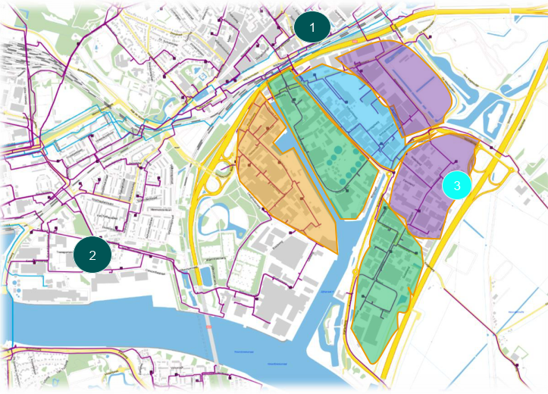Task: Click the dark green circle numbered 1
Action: click(x=312, y=27)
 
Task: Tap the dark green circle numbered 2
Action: click(x=93, y=255)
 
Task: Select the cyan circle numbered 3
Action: click(x=456, y=184)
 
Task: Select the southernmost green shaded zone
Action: click(x=387, y=288)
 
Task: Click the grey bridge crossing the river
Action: click(x=213, y=349)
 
